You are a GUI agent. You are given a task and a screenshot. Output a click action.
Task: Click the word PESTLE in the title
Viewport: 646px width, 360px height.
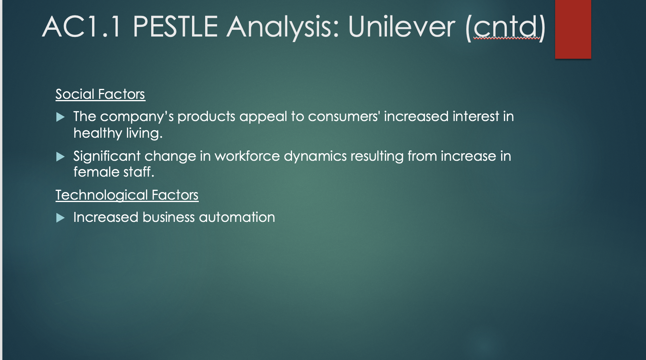tap(175, 27)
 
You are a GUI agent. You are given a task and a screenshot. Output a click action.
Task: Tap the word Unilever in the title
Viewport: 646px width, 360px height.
tap(402, 27)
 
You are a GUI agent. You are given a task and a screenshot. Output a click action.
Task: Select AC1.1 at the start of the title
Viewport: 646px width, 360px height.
tap(81, 27)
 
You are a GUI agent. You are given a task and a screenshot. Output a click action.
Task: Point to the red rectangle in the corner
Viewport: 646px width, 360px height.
tap(573, 29)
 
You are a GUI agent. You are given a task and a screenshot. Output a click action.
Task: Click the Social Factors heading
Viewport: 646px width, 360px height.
tap(100, 94)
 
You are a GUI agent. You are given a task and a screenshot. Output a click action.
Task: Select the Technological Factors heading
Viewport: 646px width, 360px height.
tap(127, 195)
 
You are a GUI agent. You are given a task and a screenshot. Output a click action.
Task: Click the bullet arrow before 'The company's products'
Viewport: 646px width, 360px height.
tap(60, 117)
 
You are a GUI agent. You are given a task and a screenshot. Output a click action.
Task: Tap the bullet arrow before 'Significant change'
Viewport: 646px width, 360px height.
tap(60, 157)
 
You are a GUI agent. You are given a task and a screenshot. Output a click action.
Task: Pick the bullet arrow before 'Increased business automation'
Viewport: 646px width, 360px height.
tap(60, 218)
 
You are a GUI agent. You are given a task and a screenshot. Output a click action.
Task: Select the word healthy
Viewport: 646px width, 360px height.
tap(98, 133)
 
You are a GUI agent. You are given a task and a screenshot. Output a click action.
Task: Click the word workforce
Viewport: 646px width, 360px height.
tap(247, 156)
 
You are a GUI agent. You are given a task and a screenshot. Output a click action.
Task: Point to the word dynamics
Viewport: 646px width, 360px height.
tap(315, 157)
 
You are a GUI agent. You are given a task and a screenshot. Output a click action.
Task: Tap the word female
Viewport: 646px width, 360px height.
tap(96, 172)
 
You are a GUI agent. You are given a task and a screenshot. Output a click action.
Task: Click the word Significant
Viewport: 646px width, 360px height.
tap(107, 157)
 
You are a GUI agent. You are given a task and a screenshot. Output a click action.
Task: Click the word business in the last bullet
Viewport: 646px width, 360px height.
tap(169, 217)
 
